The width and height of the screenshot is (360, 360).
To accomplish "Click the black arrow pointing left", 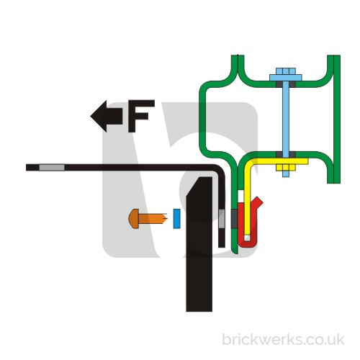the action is pyautogui.click(x=106, y=116).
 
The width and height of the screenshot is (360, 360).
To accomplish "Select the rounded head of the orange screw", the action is pyautogui.click(x=134, y=219).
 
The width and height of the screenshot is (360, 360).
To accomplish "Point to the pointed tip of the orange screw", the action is pyautogui.click(x=166, y=219).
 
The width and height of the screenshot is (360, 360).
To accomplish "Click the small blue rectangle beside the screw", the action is pyautogui.click(x=176, y=219).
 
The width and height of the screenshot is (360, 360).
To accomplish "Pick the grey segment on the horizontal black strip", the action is pyautogui.click(x=52, y=168).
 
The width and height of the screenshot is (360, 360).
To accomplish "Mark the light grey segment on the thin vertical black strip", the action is pyautogui.click(x=222, y=219).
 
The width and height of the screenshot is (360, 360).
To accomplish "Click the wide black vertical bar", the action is pyautogui.click(x=199, y=244).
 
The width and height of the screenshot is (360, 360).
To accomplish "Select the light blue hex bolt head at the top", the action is pyautogui.click(x=286, y=71).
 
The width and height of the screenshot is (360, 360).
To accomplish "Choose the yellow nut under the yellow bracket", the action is pyautogui.click(x=286, y=167).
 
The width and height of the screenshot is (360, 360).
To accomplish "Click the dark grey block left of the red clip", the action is pyautogui.click(x=234, y=219).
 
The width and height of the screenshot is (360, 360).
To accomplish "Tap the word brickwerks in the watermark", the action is pyautogui.click(x=261, y=340).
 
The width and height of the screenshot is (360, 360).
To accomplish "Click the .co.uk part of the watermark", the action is pyautogui.click(x=323, y=340).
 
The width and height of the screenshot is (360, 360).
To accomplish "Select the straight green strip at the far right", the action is pyautogui.click(x=337, y=120).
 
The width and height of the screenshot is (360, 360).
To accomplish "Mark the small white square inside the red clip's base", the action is pyautogui.click(x=247, y=238).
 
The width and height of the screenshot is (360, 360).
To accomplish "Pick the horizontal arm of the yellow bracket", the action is pyautogui.click(x=279, y=161).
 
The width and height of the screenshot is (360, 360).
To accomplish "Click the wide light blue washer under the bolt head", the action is pyautogui.click(x=286, y=78).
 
